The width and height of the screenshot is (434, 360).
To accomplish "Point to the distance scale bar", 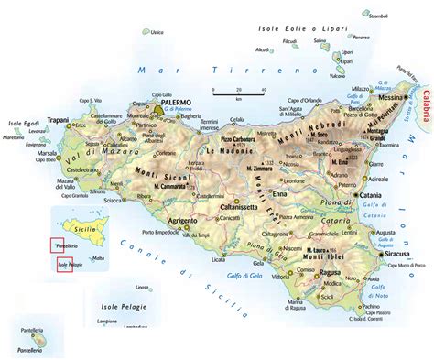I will tap(239, 91).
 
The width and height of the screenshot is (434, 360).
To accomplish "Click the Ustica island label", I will tap(157, 32).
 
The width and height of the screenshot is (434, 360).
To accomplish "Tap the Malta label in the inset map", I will tap(98, 258).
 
